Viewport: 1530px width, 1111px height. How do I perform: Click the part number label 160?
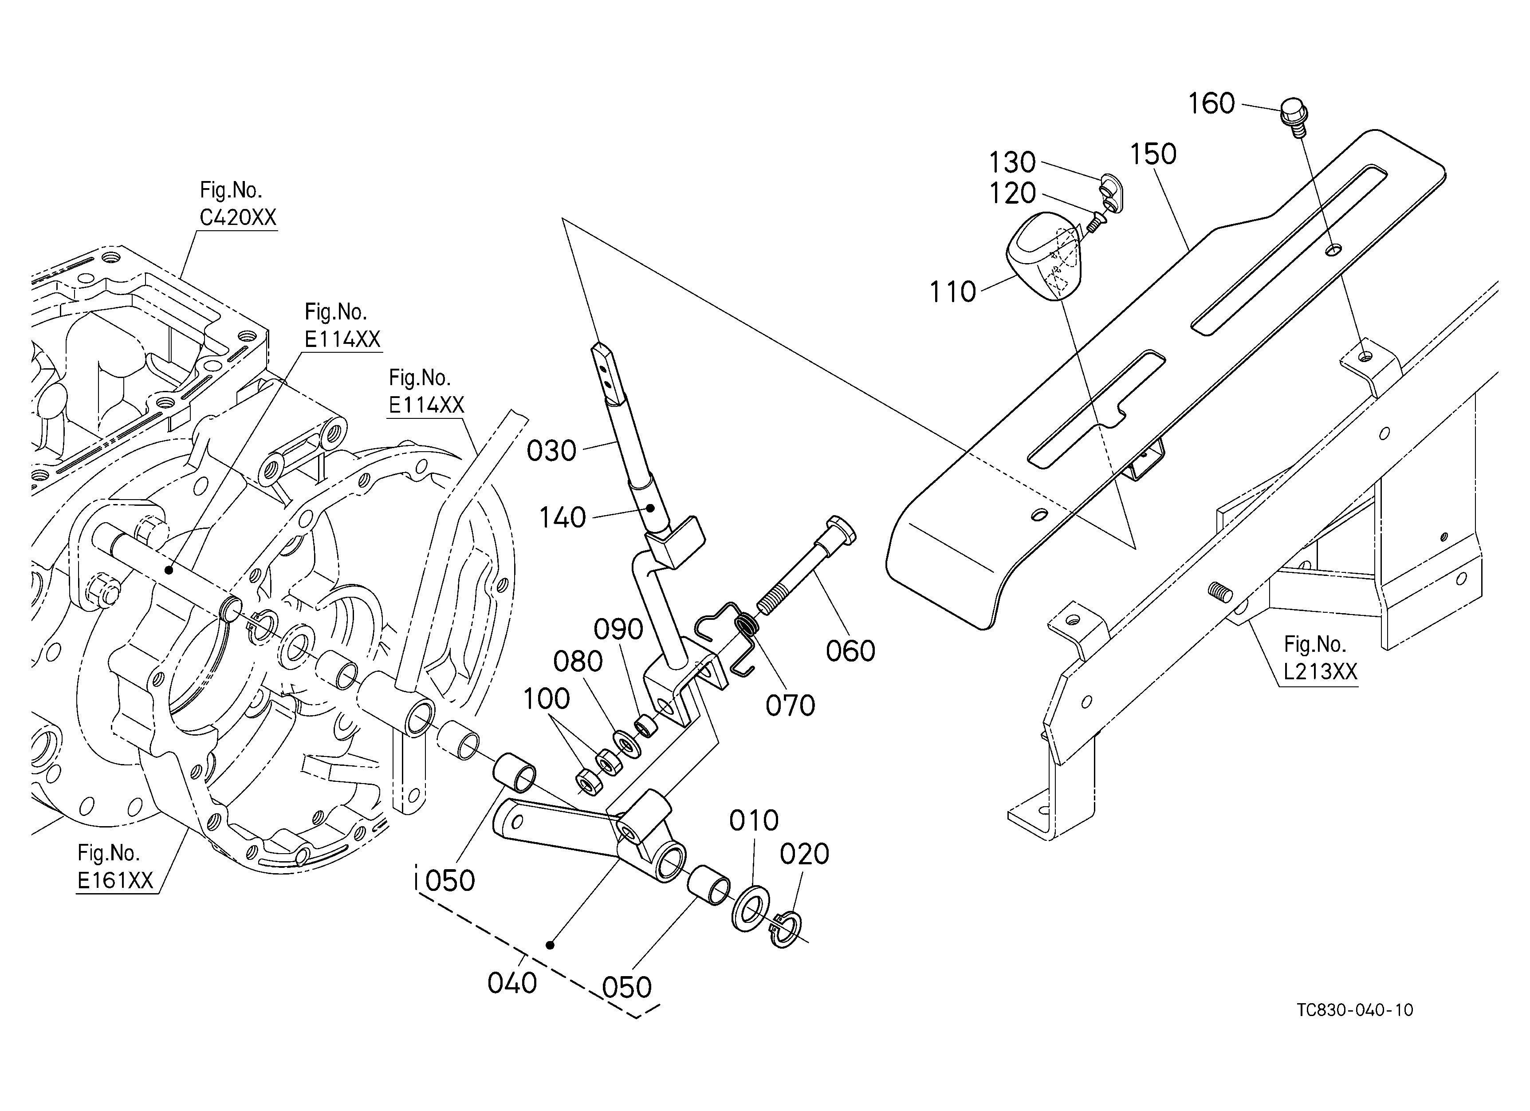point(1211,104)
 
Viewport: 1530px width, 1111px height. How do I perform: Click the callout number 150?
point(1153,154)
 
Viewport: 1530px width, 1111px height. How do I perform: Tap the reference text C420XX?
point(238,217)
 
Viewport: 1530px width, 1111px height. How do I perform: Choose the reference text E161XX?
point(115,880)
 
